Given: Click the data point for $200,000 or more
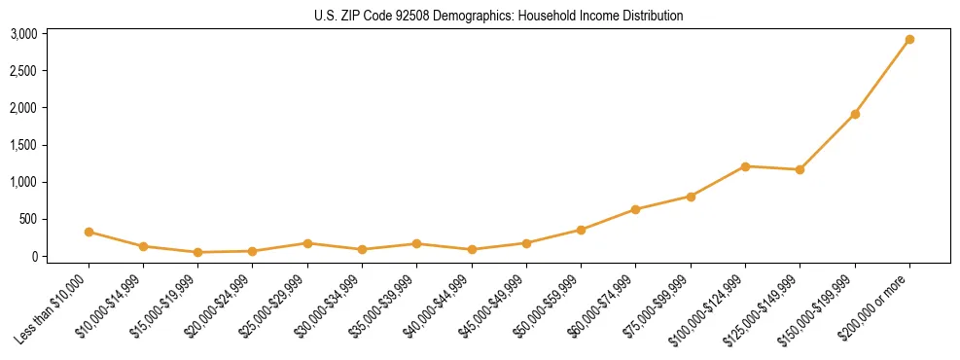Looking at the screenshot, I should point(909,40).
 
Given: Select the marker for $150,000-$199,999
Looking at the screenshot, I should point(855,114).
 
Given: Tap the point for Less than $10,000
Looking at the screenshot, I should point(89,232).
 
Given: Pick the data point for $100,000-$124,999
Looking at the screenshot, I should point(745,166).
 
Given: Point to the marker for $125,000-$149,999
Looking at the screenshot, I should point(800,169).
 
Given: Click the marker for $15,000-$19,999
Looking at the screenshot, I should point(198,252).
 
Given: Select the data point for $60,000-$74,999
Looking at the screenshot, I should point(635,209).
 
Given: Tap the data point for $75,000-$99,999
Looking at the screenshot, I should point(691,197).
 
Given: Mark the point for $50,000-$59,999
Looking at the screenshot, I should point(581,230).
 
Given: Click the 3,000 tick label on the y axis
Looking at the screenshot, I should point(23,34).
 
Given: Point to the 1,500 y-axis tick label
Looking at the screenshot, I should point(23,145).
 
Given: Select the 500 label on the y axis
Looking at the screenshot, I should point(28,219).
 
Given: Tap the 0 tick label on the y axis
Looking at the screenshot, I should point(34,256).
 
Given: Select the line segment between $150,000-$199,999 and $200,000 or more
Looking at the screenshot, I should point(882,77).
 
